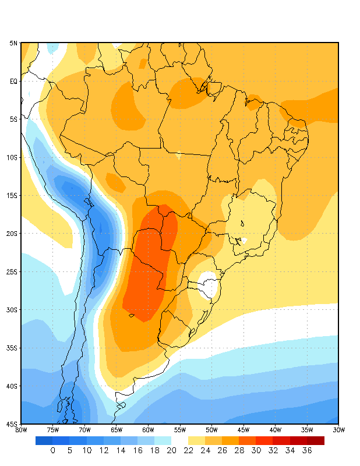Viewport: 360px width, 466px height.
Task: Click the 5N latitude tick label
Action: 13,43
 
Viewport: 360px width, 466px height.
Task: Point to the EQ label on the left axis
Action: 13,81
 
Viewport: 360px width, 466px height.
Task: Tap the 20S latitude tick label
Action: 13,234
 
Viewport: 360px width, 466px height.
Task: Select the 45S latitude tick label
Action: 13,424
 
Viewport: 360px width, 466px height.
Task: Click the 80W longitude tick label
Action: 21,430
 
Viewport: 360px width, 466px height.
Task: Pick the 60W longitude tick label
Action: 148,430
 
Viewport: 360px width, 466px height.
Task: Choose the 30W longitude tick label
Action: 338,430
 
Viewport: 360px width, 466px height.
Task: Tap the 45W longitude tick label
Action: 243,430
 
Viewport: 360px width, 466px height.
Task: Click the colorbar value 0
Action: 52,450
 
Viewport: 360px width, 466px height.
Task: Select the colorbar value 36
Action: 307,450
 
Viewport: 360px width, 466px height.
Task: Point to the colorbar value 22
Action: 188,450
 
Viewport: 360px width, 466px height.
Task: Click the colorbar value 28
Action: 239,450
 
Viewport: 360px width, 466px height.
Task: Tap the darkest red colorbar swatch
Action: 316,440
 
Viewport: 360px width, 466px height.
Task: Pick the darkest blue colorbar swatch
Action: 44,440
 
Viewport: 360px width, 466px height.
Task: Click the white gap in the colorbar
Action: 179,440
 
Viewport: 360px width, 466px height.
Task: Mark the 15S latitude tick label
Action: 13,195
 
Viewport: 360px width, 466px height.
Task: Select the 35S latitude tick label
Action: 13,348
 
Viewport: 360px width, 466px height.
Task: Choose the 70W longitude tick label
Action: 84,430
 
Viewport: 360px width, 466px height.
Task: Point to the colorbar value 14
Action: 121,450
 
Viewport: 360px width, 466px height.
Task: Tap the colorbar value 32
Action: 273,450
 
